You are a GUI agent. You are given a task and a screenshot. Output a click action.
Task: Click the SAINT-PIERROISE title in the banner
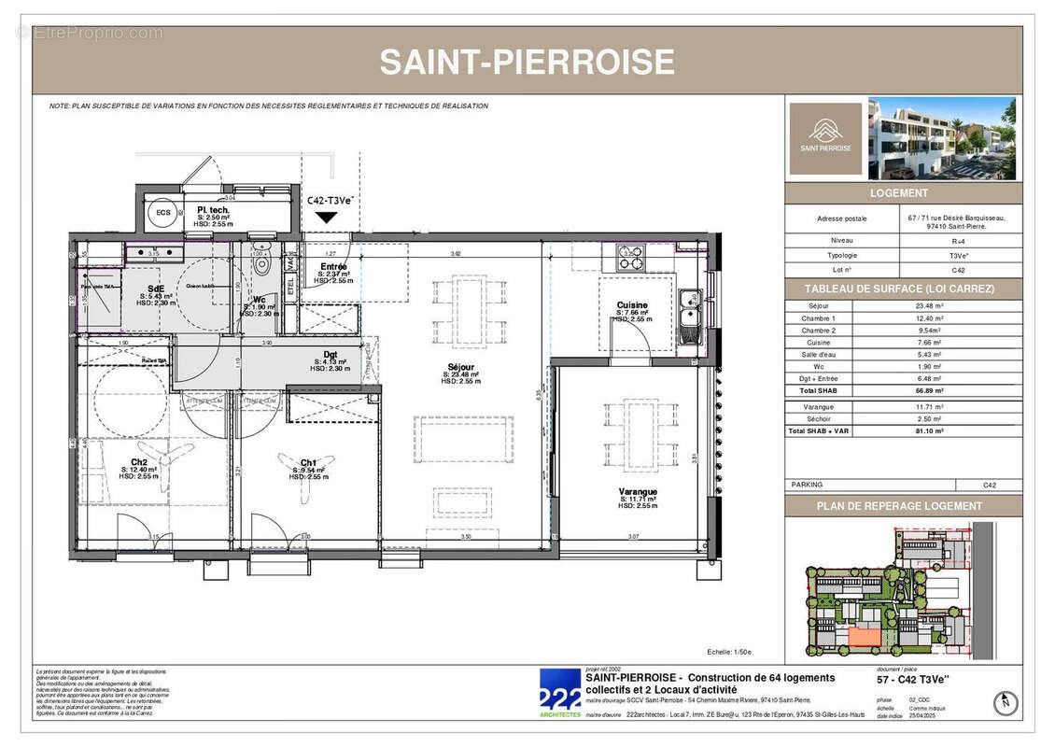click(527, 62)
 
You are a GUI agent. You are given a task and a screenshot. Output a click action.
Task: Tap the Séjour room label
click(460, 367)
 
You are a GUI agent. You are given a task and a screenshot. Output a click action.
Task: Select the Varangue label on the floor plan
click(638, 492)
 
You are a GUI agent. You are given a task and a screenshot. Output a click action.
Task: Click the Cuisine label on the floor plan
click(632, 305)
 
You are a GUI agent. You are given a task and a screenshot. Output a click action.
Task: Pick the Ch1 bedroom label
click(308, 463)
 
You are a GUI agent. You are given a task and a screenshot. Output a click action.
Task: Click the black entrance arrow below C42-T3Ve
click(326, 218)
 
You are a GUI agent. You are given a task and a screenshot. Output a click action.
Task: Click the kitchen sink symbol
click(690, 302)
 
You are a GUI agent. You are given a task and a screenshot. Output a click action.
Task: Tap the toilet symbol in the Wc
click(263, 264)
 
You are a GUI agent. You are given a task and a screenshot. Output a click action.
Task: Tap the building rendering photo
click(941, 138)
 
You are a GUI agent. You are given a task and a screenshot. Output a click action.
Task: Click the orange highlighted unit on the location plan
click(862, 636)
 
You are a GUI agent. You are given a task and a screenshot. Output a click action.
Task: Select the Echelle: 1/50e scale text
click(729, 653)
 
